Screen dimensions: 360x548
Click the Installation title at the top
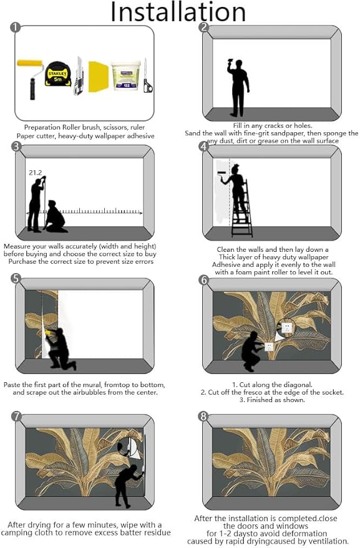pos(178,12)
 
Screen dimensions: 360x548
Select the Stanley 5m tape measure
pos(58,74)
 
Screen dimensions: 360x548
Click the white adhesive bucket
pos(126,75)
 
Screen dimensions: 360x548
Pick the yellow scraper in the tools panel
pos(99,77)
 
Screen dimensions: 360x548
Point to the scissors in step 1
pos(147,77)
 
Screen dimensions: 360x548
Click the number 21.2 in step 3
pos(36,173)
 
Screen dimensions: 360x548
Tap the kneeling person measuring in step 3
pos(56,216)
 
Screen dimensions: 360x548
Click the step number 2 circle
pos(203,27)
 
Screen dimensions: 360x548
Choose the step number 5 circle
pos(16,279)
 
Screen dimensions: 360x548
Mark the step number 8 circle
pos(203,416)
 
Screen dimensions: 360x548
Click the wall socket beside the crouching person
pos(269,347)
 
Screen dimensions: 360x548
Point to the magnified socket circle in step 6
pos(286,328)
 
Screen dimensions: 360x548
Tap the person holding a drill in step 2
pos(238,87)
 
